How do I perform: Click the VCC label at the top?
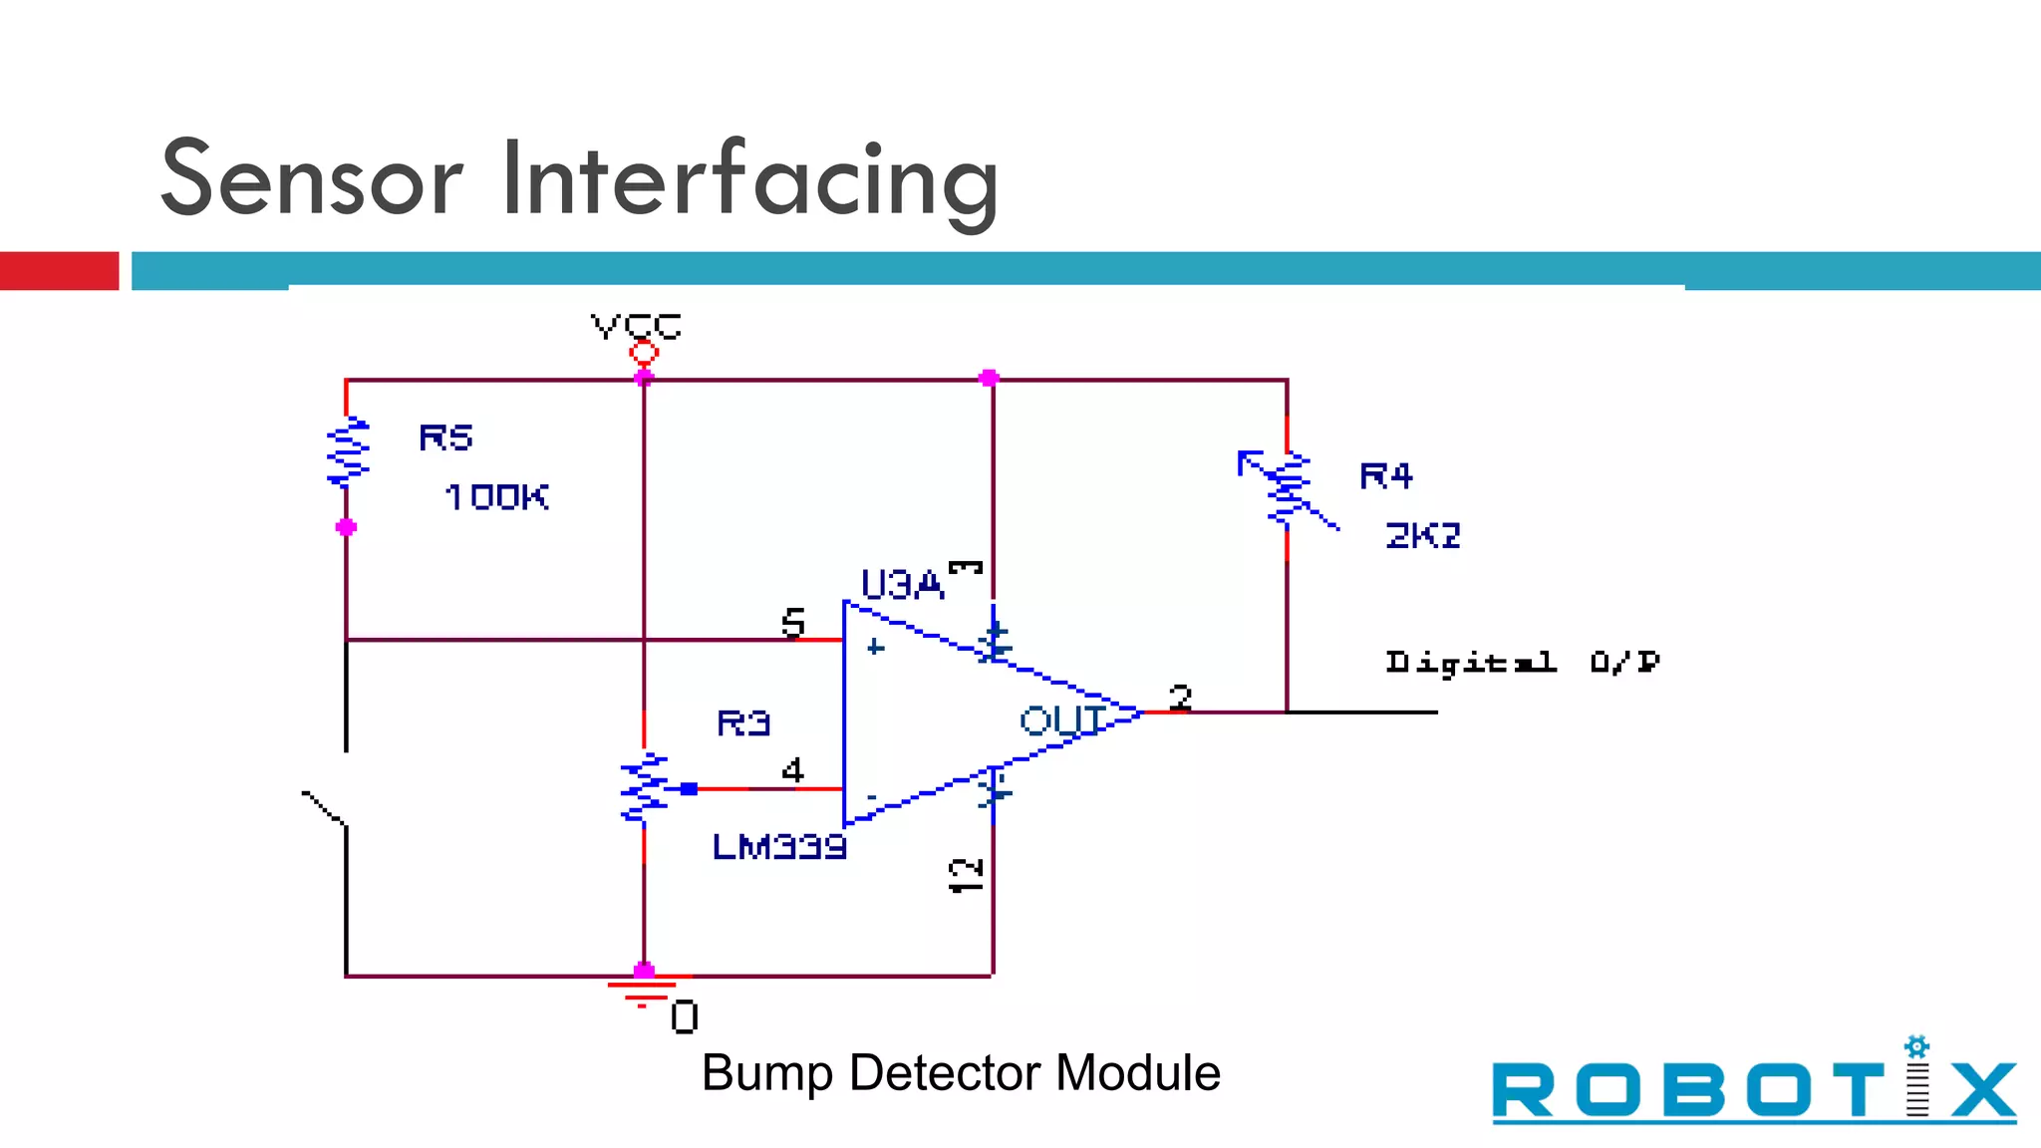point(636,326)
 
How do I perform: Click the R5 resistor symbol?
point(348,451)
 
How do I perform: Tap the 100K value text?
point(496,497)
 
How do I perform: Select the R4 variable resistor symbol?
point(1287,488)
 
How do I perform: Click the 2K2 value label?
point(1422,536)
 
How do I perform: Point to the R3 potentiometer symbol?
point(645,788)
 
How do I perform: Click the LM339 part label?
point(779,847)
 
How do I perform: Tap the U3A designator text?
point(901,585)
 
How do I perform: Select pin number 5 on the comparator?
point(792,623)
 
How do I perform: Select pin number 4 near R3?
point(792,770)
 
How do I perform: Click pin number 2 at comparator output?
point(1180,697)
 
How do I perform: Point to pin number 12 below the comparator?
point(966,875)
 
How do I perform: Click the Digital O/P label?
point(1522,663)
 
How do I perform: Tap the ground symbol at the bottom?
point(643,992)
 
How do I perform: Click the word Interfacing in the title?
point(749,179)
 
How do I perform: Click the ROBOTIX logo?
point(1753,1087)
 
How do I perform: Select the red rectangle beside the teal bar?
point(59,271)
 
